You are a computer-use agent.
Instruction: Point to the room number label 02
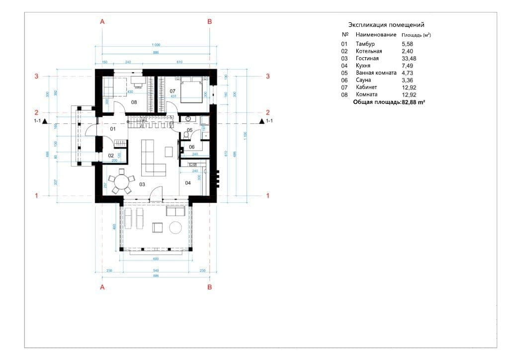[111, 156]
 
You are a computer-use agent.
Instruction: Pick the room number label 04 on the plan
[188, 183]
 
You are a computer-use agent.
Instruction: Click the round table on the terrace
[176, 228]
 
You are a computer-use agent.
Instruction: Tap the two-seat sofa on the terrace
[176, 212]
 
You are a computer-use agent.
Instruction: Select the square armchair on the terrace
[158, 228]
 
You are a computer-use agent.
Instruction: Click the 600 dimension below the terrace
[155, 259]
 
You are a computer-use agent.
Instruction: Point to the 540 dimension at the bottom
[155, 270]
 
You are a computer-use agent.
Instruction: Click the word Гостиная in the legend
[367, 59]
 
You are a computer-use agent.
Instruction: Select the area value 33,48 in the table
[408, 59]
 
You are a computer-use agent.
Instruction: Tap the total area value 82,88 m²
[414, 102]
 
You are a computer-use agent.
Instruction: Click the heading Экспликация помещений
[386, 25]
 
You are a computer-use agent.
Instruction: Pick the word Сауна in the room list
[363, 80]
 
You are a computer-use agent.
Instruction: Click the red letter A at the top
[102, 22]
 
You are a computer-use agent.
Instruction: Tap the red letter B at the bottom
[209, 287]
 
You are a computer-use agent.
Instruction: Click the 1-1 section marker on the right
[267, 121]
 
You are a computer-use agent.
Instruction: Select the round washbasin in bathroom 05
[188, 119]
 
